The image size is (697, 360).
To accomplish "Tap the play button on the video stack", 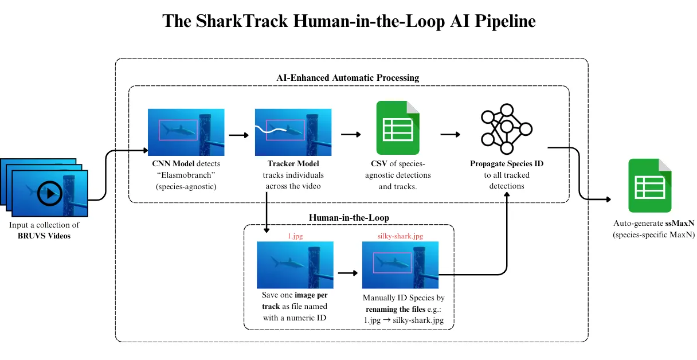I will click(50, 194).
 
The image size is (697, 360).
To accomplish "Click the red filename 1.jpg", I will click(295, 236).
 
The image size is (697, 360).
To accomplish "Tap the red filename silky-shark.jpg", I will click(400, 236).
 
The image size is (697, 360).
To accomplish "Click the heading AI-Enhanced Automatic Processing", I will click(348, 77).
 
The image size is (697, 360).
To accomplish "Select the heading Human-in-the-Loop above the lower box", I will click(348, 217).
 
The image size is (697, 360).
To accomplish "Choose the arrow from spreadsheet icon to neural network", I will click(451, 135).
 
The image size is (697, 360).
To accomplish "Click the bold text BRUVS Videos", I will click(44, 236).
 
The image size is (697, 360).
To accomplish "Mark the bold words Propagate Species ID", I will click(507, 164).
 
